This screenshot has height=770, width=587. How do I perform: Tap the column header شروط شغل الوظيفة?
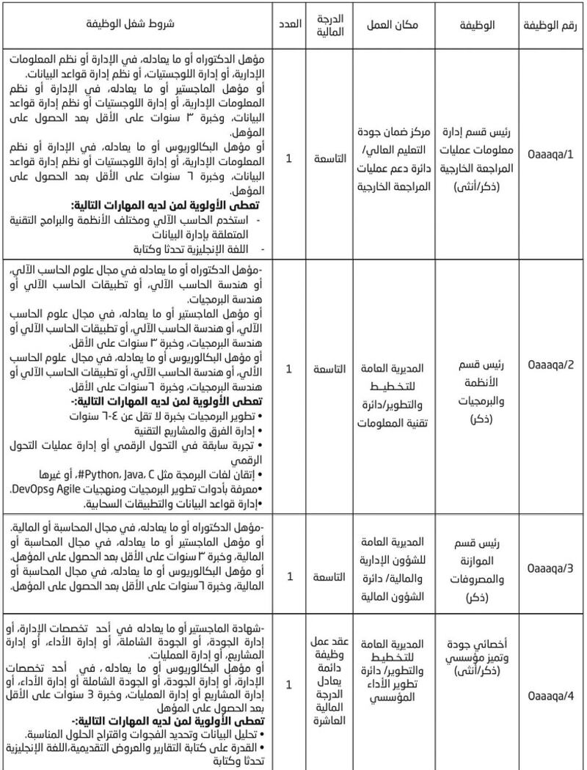(x=138, y=24)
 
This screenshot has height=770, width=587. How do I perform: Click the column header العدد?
(x=290, y=24)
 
